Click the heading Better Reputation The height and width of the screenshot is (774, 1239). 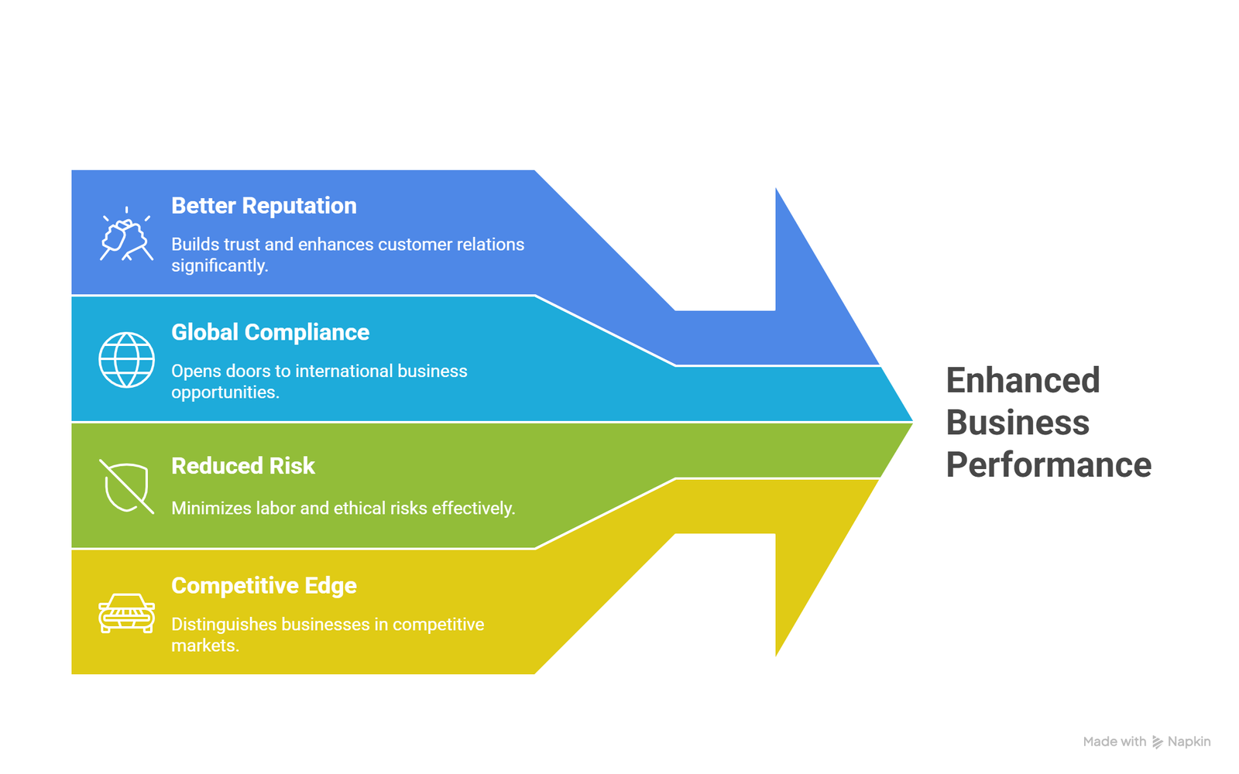pos(264,206)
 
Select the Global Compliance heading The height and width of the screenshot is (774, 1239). pos(270,332)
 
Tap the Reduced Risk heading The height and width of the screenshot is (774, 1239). pos(243,466)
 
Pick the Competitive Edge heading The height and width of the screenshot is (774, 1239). pos(264,586)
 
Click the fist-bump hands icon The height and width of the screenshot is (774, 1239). pos(126,235)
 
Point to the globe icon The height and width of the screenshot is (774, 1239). pos(127,360)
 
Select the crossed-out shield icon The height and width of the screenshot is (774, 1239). pos(127,487)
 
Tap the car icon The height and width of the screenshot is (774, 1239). pos(127,613)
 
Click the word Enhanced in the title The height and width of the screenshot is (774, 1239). pos(1023,381)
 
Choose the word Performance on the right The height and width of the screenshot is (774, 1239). pos(1049,465)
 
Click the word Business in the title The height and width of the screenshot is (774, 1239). pos(1018,423)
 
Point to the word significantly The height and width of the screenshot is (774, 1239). pos(220,266)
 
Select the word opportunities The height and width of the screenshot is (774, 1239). pos(225,392)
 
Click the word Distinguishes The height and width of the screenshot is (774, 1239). pos(224,625)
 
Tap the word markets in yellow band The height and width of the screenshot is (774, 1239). pos(204,646)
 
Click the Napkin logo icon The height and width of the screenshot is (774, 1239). pos(1158,742)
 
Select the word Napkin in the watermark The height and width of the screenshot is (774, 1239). pos(1189,742)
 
